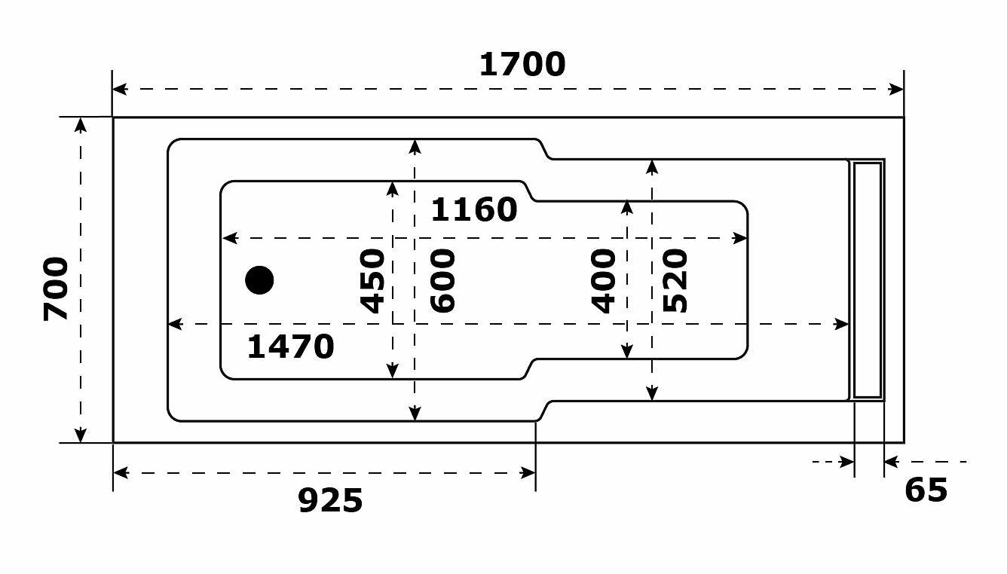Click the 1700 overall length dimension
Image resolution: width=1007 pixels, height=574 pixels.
(x=522, y=65)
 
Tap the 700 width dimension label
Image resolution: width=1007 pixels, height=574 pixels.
(x=57, y=289)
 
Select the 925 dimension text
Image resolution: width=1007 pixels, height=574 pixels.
(x=330, y=500)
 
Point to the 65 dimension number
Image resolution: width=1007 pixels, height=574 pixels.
(x=926, y=490)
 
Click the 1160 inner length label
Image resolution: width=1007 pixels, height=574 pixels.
(x=473, y=210)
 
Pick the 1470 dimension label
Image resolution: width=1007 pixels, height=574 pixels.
(x=290, y=347)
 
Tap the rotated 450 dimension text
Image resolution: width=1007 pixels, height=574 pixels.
(x=373, y=280)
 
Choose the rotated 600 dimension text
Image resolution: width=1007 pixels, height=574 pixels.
(x=443, y=280)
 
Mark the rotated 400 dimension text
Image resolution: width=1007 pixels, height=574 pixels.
(x=604, y=280)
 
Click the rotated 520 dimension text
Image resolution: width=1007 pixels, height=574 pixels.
(x=675, y=280)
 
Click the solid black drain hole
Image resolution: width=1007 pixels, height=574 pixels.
(x=259, y=280)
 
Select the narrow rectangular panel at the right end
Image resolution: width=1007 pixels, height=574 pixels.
(x=867, y=279)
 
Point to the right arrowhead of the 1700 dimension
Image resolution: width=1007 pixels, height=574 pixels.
(x=897, y=89)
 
